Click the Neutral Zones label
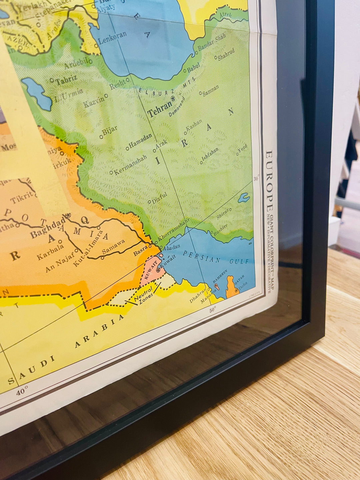(143, 296)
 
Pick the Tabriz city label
(66, 80)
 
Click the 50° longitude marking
(213, 310)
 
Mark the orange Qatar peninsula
(232, 287)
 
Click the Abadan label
(172, 247)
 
